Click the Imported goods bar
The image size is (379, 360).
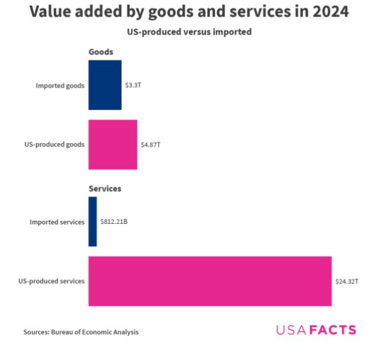pos(105,85)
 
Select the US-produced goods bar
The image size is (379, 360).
pos(113,144)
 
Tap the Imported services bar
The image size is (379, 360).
pos(92,221)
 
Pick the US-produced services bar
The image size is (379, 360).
pos(210,281)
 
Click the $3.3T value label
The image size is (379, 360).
pos(133,85)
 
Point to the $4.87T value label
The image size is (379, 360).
pos(150,144)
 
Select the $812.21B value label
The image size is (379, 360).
pos(114,222)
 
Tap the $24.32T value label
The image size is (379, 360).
pos(346,281)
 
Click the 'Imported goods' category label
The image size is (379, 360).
pos(60,85)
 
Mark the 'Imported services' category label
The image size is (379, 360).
pos(57,222)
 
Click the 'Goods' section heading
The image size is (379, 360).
pos(101,52)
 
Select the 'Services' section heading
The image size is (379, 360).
pos(105,188)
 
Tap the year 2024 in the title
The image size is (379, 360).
pos(327,12)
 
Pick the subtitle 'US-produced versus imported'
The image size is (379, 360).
pos(189,32)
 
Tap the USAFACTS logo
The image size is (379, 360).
pos(316,330)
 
